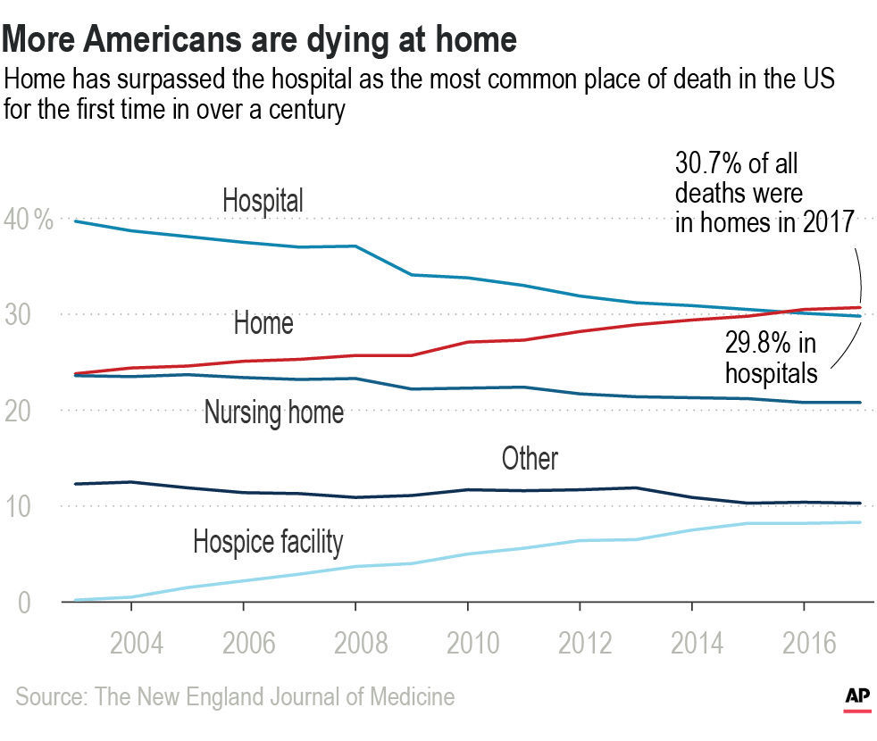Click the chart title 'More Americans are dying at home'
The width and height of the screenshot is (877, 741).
pos(261,39)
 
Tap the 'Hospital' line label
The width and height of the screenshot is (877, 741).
pos(263,200)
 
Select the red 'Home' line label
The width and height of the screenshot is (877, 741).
pos(263,322)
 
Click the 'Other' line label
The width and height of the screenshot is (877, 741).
pos(530,459)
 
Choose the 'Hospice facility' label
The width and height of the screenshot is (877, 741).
pos(268,541)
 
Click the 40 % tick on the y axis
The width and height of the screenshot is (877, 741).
pos(29,219)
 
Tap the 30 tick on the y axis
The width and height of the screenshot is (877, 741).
pos(21,314)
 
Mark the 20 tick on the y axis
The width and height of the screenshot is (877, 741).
pos(21,411)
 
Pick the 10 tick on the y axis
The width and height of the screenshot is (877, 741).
pos(21,506)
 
